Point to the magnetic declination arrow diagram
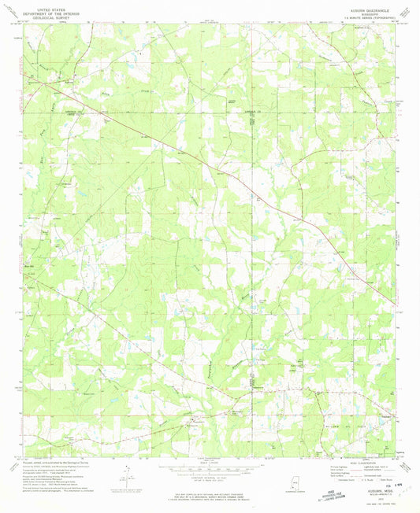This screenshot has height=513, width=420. [128, 473]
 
